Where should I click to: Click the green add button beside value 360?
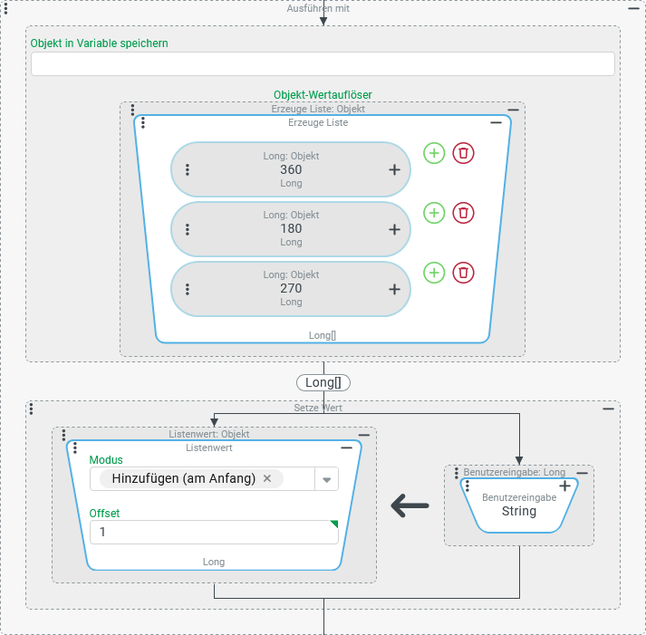click(x=435, y=153)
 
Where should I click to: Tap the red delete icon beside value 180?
click(x=464, y=213)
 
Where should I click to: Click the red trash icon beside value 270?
click(x=464, y=272)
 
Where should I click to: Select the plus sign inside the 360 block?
click(x=394, y=169)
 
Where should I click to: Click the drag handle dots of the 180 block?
click(x=188, y=229)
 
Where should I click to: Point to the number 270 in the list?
click(x=291, y=288)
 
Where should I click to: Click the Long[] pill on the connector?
click(x=323, y=382)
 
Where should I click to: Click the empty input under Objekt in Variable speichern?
click(x=323, y=63)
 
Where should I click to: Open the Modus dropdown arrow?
click(x=326, y=479)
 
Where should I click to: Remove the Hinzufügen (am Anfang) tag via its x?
click(x=267, y=478)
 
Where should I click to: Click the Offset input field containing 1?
click(x=214, y=532)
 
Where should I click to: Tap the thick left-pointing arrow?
click(x=410, y=506)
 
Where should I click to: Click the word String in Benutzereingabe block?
click(x=519, y=511)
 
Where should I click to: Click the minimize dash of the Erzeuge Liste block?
click(x=496, y=122)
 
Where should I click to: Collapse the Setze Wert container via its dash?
click(x=608, y=409)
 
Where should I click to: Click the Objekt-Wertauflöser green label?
click(x=323, y=94)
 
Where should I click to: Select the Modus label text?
click(x=106, y=460)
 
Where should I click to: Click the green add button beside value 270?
click(x=435, y=272)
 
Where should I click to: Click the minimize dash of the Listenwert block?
click(x=346, y=447)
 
